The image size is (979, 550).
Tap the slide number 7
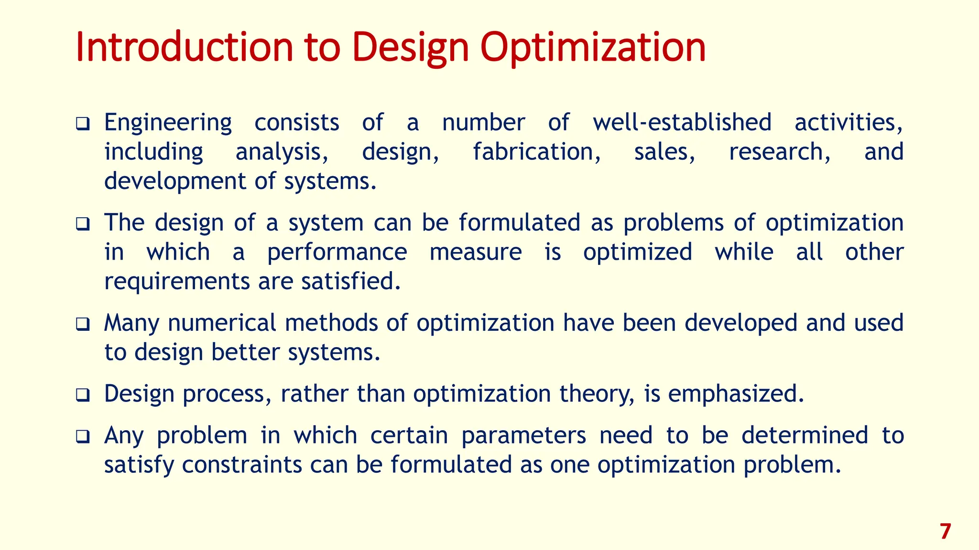coord(945,532)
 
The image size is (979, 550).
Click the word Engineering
coord(168,123)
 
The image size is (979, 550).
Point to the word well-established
coord(682,122)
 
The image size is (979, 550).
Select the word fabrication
coord(536,152)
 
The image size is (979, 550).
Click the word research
coord(779,152)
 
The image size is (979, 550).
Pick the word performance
coord(337,253)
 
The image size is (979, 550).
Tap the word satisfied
coord(350,281)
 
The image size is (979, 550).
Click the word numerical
coord(222,323)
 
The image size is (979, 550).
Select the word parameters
coord(523,435)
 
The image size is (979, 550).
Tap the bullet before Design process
coord(83,395)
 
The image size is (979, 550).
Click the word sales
coord(664,152)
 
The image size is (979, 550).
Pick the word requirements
coord(177,282)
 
